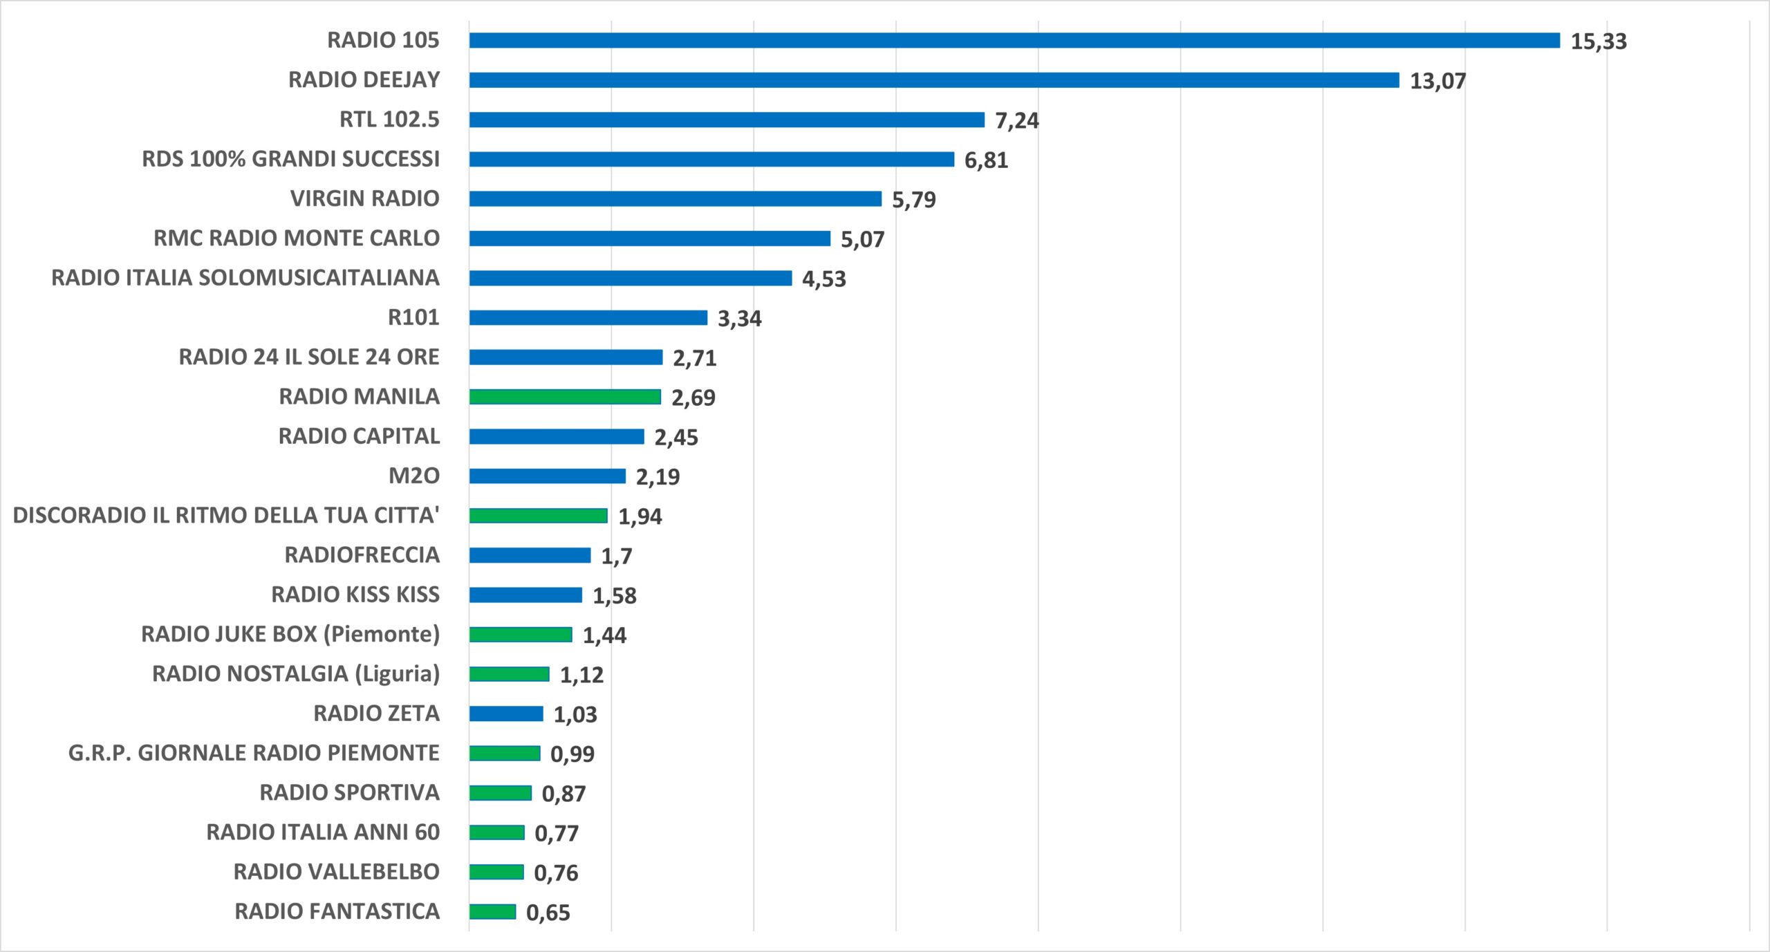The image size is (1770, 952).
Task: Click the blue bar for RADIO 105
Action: pos(1014,41)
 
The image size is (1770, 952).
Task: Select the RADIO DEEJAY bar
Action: pos(934,80)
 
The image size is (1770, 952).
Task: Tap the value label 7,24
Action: pos(1016,120)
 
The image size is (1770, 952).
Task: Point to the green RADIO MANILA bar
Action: pos(565,397)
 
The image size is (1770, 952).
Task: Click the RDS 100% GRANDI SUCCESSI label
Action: pos(290,159)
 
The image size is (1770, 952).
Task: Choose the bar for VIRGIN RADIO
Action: pos(676,199)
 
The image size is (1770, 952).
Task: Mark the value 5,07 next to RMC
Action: pos(862,239)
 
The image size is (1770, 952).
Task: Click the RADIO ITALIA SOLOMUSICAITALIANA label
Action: pos(245,278)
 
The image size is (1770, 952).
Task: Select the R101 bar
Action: pos(588,317)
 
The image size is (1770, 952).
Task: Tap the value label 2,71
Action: pos(695,358)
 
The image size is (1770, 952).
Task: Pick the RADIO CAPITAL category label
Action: pos(359,436)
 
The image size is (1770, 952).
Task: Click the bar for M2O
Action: pos(548,476)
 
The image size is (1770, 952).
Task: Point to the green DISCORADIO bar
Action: pos(539,516)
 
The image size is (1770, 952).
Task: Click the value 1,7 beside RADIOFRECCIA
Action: pos(616,556)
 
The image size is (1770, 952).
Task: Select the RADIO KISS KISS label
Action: pos(355,595)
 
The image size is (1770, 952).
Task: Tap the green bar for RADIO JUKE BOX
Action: pos(521,635)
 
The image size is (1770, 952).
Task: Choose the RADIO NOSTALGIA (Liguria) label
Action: pos(296,674)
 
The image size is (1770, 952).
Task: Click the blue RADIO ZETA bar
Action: pos(506,713)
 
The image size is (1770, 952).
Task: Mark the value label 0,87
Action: pos(563,794)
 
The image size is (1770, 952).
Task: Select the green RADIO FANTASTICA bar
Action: pos(492,912)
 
